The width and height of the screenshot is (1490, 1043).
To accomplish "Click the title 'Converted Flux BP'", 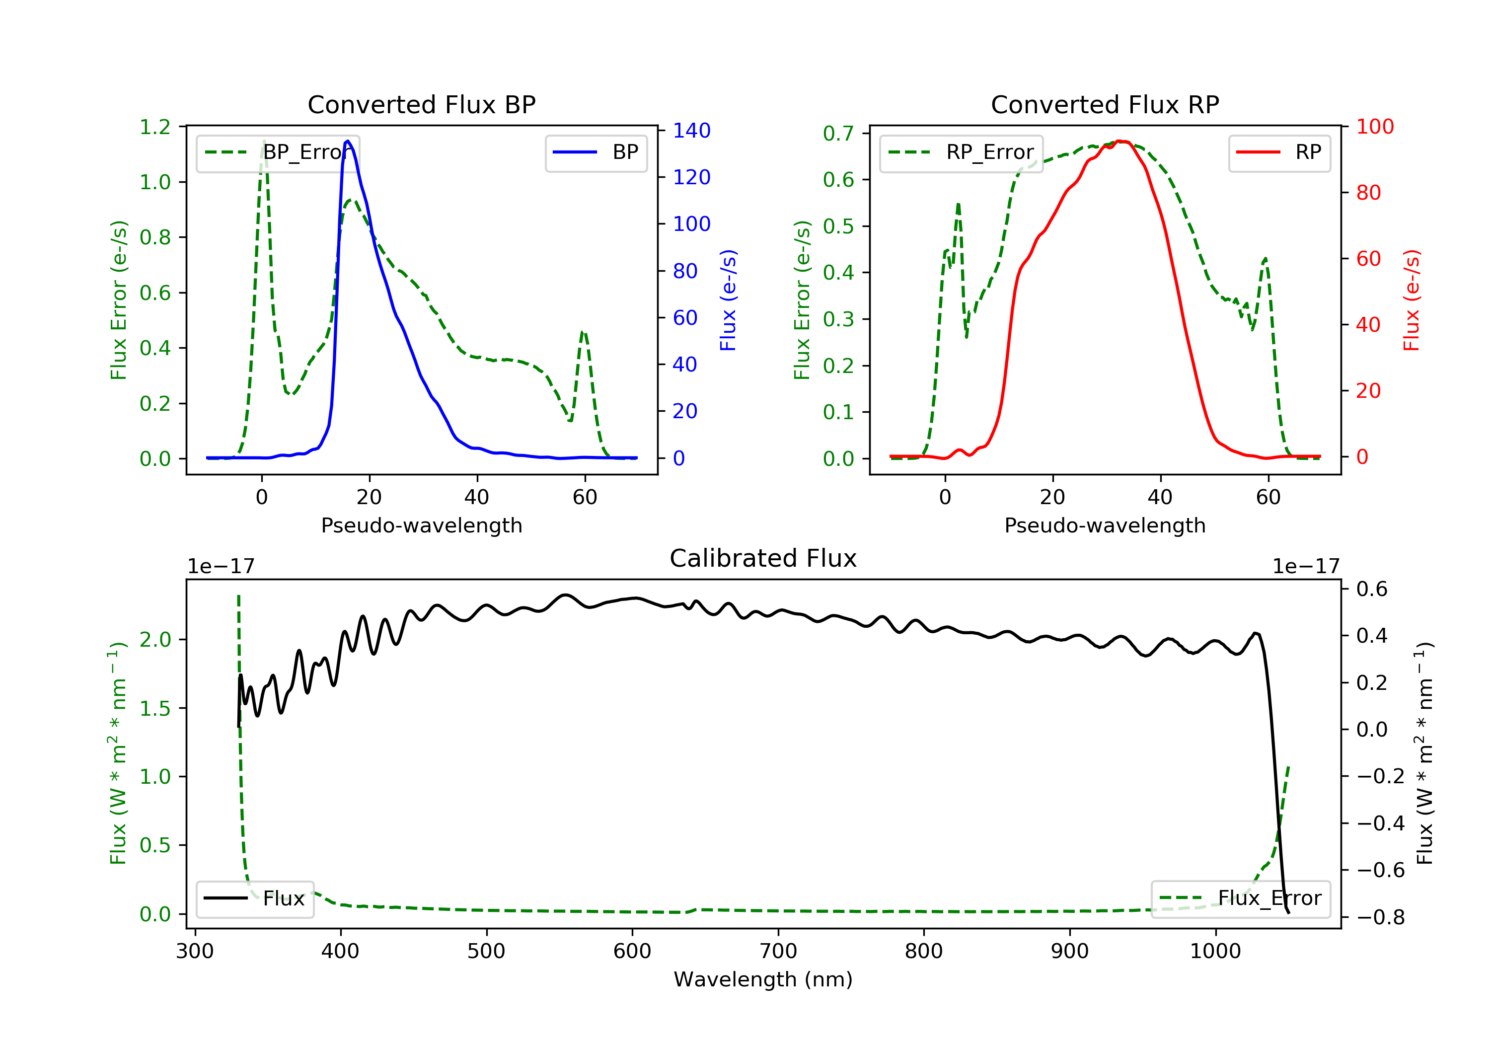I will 421,104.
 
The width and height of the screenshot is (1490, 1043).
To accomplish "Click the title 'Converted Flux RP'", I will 1105,104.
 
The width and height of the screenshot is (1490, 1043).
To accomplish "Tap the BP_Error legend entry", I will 278,152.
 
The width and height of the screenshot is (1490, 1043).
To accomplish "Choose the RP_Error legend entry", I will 961,152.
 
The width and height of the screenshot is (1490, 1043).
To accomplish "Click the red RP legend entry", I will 1279,152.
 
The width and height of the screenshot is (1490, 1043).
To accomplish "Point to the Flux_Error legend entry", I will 1240,898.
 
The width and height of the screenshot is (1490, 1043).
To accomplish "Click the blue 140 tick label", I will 691,131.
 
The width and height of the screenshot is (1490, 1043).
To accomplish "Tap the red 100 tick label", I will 1374,127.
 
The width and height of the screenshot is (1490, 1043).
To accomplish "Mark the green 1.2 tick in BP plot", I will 155,127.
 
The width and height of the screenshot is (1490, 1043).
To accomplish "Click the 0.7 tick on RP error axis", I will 838,133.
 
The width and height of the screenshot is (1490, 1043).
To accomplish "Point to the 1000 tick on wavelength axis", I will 1215,952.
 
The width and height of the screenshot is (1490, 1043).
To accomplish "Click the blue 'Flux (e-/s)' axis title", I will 728,300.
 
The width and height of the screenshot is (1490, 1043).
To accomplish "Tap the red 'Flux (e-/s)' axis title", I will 1412,300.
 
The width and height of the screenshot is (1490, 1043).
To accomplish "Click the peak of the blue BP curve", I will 348,141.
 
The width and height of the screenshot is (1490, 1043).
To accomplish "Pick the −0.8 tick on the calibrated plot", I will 1380,917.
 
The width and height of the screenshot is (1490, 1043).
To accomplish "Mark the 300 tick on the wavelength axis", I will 195,952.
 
